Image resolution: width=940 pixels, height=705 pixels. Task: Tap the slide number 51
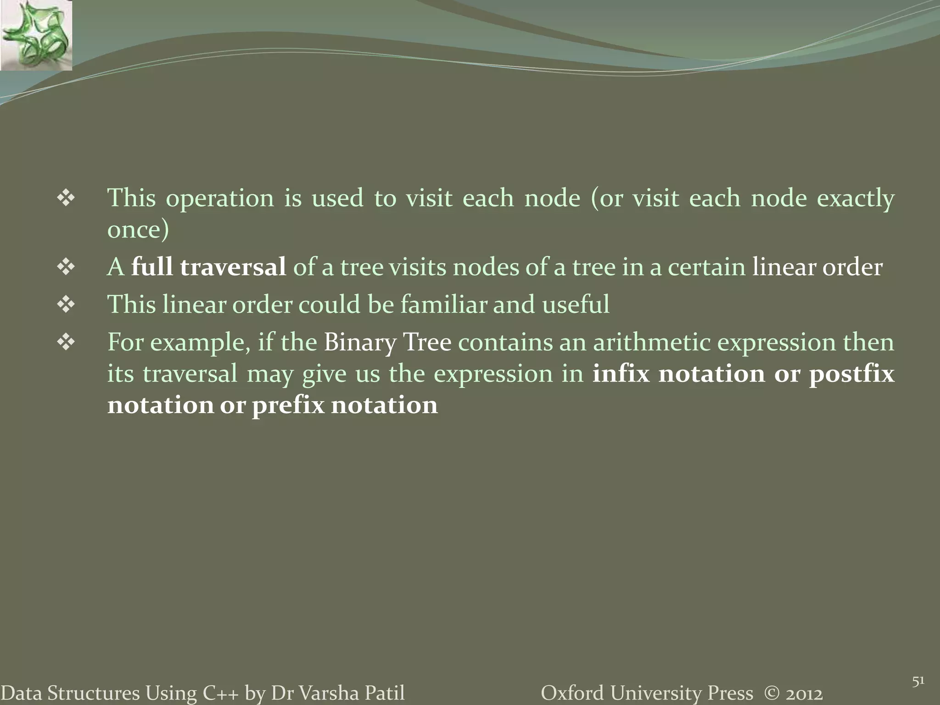[918, 669]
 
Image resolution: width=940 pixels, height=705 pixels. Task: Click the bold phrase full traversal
[208, 267]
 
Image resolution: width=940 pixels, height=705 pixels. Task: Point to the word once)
[138, 229]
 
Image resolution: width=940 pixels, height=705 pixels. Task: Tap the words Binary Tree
[387, 342]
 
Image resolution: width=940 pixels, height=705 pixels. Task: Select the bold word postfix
[851, 374]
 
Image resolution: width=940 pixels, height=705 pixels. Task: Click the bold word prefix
[288, 405]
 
